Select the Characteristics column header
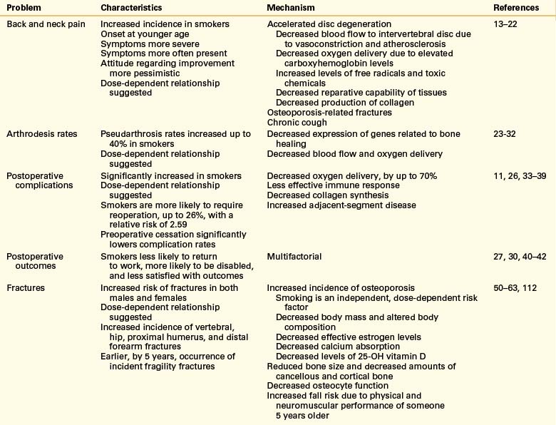click(x=133, y=7)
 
